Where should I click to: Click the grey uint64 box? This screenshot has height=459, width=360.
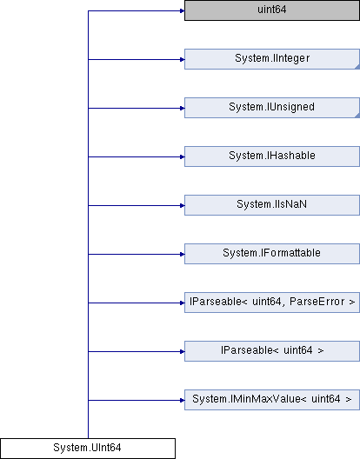272,10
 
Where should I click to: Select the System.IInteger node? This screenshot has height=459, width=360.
272,59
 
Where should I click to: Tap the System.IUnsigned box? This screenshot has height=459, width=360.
272,108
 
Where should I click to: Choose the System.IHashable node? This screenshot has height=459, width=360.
272,156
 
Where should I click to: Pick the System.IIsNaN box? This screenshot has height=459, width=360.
272,205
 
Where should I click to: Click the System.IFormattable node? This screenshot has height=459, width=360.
272,254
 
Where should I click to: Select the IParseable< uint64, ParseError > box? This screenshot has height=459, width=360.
272,303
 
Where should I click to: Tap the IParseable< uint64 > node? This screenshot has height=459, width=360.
272,351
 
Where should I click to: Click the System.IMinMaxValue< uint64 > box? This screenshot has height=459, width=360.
272,400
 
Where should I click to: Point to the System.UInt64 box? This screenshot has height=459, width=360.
88,449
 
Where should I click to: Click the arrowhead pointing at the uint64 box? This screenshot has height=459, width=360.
182,10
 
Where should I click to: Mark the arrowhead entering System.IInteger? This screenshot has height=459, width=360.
182,59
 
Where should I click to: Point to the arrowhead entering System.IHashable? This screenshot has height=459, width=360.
182,156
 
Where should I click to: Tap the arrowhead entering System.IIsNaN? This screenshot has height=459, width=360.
182,205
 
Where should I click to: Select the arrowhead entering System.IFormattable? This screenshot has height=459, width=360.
182,254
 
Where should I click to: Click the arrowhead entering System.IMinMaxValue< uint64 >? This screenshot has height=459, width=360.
182,400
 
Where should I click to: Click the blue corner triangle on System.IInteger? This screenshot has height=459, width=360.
357,67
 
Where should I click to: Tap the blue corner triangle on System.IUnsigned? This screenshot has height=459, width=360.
357,116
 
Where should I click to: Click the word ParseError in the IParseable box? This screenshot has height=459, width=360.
317,302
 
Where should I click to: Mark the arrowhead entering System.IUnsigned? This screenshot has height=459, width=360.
182,109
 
